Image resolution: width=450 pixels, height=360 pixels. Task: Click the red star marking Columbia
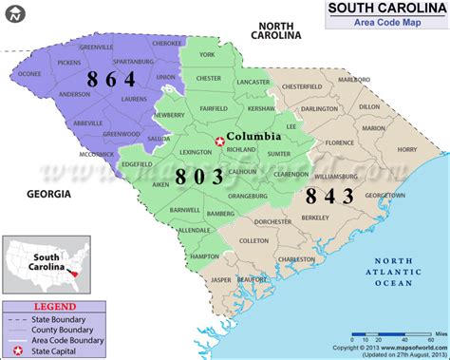[220, 142]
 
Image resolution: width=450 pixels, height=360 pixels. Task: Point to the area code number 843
[328, 196]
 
